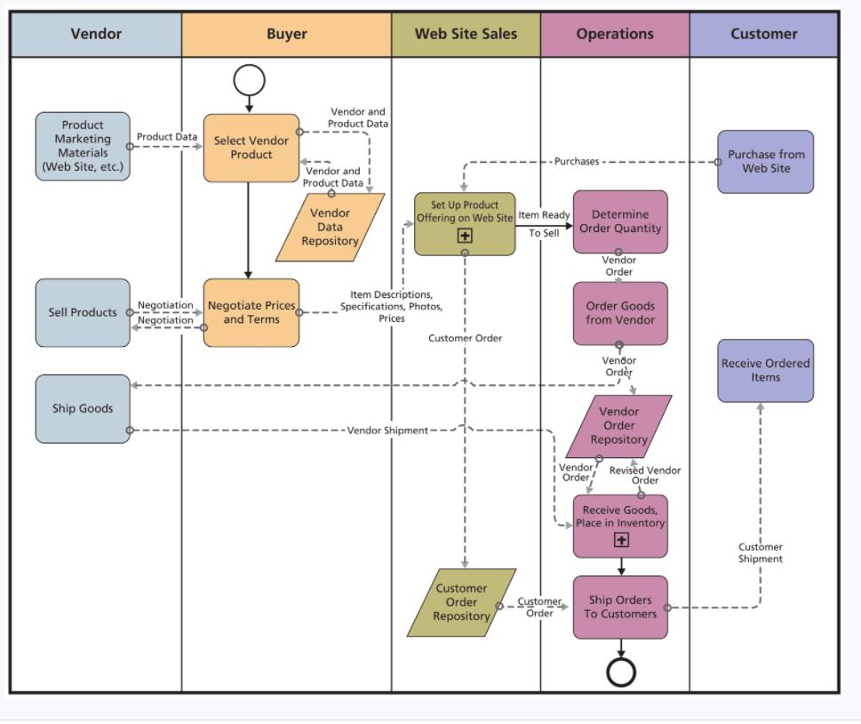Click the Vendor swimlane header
96,35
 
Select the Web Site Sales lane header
466,35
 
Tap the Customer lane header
763,35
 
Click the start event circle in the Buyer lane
249,80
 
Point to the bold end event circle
621,672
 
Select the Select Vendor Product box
251,148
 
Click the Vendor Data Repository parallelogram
330,227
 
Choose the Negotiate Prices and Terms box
251,312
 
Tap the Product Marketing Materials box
83,146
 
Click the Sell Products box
83,312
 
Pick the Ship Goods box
83,408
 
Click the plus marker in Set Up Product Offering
465,236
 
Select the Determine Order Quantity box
620,221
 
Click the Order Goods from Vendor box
620,313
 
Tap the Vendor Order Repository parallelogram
619,426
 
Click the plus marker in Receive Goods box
621,540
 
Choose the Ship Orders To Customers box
620,607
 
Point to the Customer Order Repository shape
461,602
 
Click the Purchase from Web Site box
766,161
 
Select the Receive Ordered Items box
765,370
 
